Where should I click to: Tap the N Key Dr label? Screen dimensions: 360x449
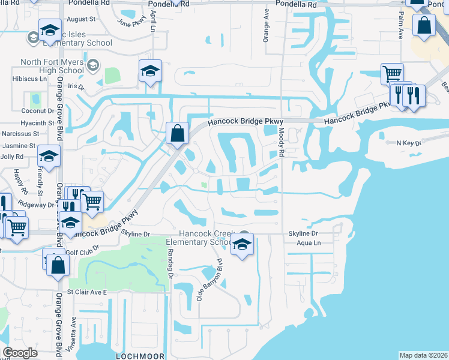pyautogui.click(x=410, y=143)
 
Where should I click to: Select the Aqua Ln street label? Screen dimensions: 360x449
pyautogui.click(x=309, y=243)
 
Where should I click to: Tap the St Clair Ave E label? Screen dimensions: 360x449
pyautogui.click(x=86, y=292)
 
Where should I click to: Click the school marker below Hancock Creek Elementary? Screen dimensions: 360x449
pyautogui.click(x=243, y=245)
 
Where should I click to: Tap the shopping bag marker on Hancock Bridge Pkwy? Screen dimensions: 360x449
pyautogui.click(x=178, y=133)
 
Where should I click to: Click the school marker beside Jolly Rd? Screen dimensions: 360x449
pyautogui.click(x=49, y=157)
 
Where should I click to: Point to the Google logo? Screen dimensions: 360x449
pyautogui.click(x=20, y=353)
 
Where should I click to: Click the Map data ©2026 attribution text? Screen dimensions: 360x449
pyautogui.click(x=423, y=355)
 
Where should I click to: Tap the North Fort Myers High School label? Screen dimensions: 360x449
pyautogui.click(x=52, y=66)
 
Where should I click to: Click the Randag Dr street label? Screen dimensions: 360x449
pyautogui.click(x=170, y=265)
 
